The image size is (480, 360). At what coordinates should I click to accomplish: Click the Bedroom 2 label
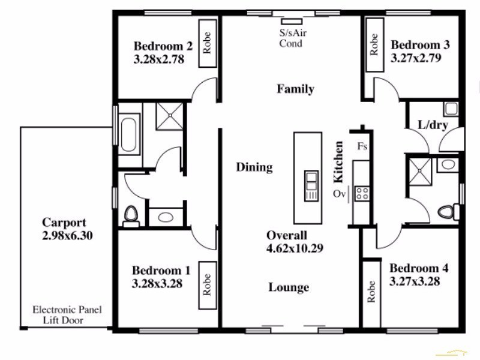[163, 46]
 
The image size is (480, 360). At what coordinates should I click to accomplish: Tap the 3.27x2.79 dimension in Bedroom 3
[416, 58]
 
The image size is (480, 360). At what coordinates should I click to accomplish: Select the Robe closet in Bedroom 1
[208, 286]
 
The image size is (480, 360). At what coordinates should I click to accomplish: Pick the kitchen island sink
[311, 185]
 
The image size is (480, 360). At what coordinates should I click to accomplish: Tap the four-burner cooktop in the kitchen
[362, 193]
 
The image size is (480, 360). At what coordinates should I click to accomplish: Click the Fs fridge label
[362, 146]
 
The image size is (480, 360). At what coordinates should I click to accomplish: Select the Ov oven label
[339, 194]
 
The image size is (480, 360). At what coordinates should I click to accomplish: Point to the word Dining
[254, 167]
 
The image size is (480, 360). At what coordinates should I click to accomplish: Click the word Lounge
[289, 287]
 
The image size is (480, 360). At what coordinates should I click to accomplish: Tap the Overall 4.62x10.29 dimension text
[295, 242]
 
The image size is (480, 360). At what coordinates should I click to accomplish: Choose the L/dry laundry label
[433, 125]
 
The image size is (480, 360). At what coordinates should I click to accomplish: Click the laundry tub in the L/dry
[451, 109]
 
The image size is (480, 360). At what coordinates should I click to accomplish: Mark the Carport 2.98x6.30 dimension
[67, 229]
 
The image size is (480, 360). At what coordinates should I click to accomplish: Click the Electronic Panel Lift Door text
[67, 314]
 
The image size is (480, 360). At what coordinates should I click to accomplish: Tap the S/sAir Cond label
[293, 38]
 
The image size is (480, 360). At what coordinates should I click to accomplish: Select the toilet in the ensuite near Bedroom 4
[448, 212]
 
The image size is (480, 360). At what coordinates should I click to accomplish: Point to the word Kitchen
[338, 162]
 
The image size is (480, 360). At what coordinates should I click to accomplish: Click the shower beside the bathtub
[170, 116]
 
